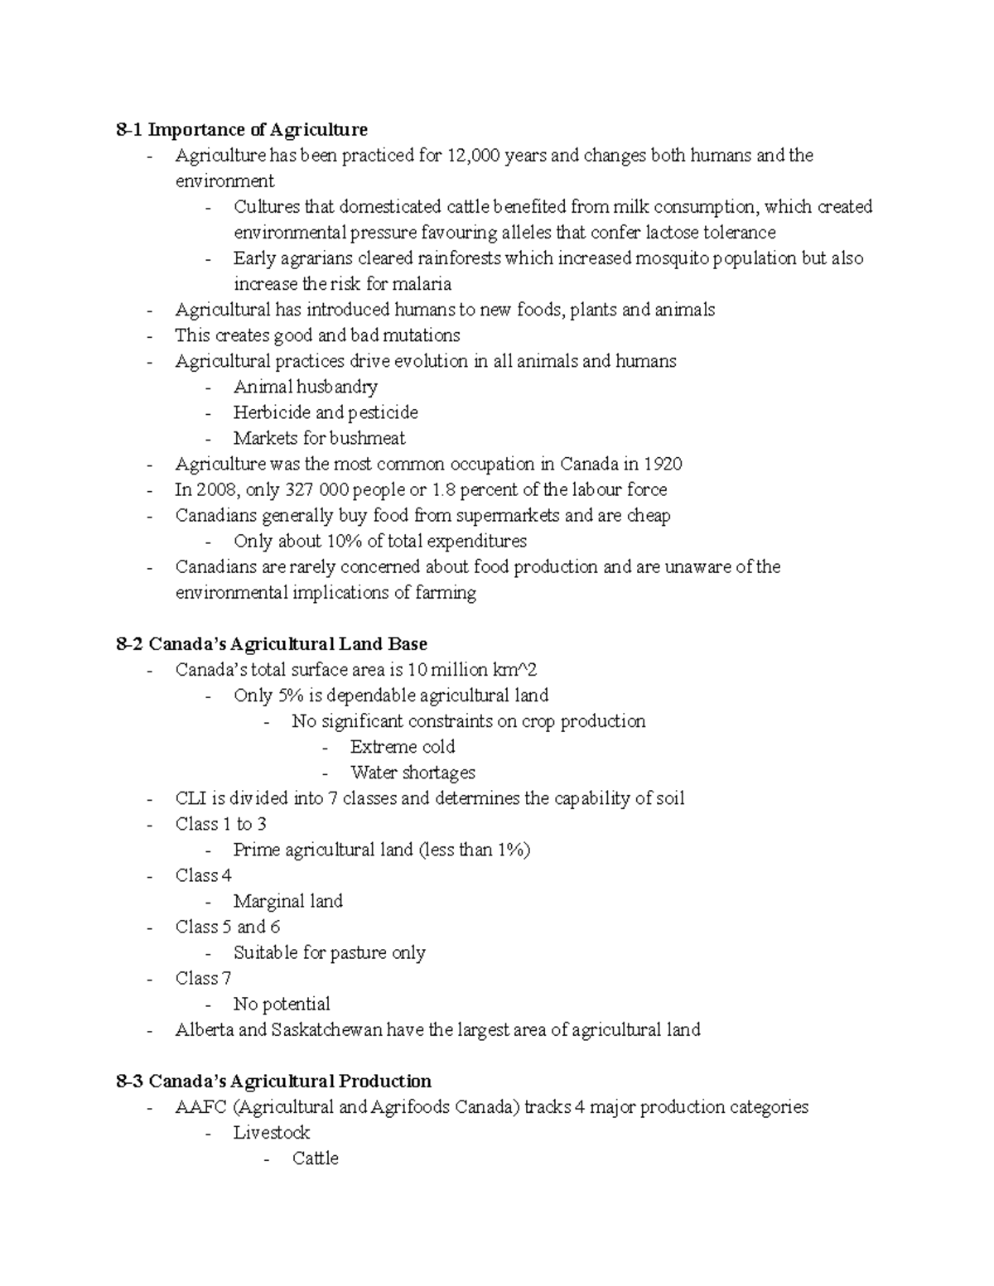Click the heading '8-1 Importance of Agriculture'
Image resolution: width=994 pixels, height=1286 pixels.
[x=242, y=130]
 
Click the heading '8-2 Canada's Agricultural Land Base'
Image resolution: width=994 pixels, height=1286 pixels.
[x=272, y=643]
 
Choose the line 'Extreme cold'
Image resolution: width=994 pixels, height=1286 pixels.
[x=403, y=746]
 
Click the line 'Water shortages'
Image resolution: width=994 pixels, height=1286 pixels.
[x=413, y=773]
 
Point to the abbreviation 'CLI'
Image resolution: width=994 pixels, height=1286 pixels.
[x=190, y=798]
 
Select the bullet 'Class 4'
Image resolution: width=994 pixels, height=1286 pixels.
[x=204, y=875]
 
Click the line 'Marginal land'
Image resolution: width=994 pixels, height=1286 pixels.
[x=287, y=901]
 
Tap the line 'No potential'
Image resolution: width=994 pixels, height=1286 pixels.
[x=282, y=1004]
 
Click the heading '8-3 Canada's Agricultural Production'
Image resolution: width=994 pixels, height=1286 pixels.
[x=274, y=1081]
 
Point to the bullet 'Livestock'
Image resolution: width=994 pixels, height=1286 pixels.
[x=272, y=1132]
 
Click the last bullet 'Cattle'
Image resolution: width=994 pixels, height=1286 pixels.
[x=316, y=1158]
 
